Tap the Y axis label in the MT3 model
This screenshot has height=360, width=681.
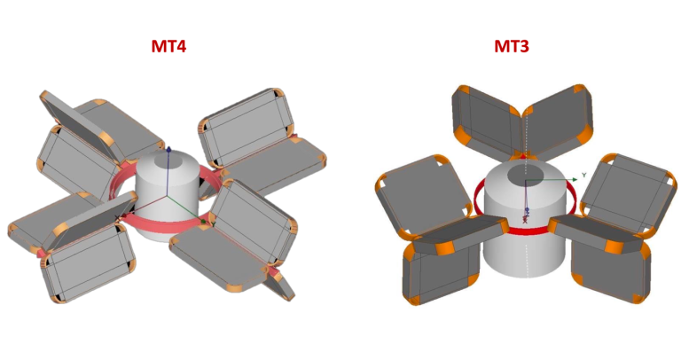tap(585, 176)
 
